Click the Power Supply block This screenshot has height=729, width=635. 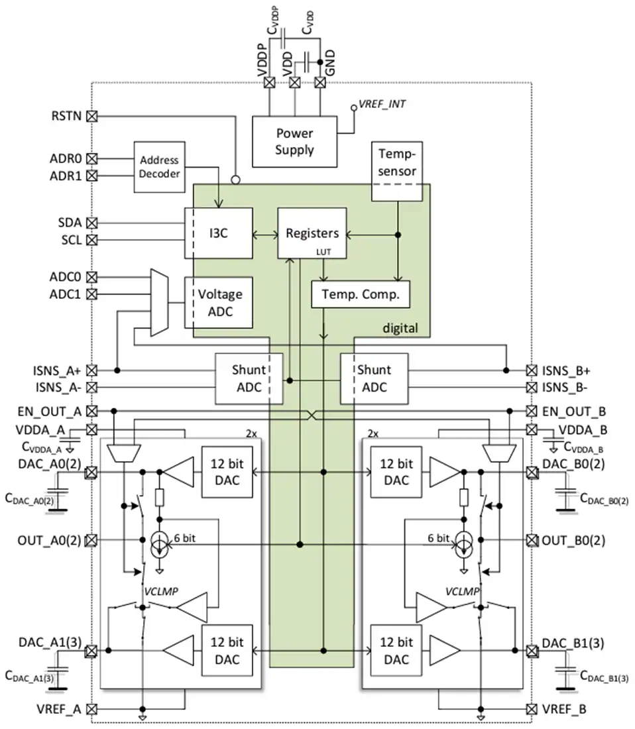click(x=294, y=141)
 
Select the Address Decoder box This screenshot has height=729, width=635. click(x=160, y=167)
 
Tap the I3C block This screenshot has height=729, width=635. click(x=219, y=233)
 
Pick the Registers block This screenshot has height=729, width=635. click(x=312, y=233)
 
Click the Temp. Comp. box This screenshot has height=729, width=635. click(x=361, y=294)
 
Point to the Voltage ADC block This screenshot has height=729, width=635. click(x=219, y=303)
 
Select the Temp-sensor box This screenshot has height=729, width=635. click(x=397, y=171)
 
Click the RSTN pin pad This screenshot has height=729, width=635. click(x=92, y=116)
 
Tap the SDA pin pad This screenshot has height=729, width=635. click(x=92, y=223)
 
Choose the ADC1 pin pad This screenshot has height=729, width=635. click(x=92, y=294)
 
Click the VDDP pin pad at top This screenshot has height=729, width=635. click(x=269, y=83)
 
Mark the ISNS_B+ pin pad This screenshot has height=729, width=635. click(x=532, y=370)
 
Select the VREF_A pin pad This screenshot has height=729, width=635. click(x=92, y=710)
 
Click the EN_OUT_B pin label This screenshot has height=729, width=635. click(x=573, y=412)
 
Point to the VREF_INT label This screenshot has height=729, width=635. click(x=382, y=104)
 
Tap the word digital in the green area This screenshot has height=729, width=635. click(x=400, y=328)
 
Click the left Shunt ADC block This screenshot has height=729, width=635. click(x=249, y=378)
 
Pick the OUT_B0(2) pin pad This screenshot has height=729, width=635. click(x=532, y=540)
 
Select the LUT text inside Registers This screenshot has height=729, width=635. click(x=323, y=252)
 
